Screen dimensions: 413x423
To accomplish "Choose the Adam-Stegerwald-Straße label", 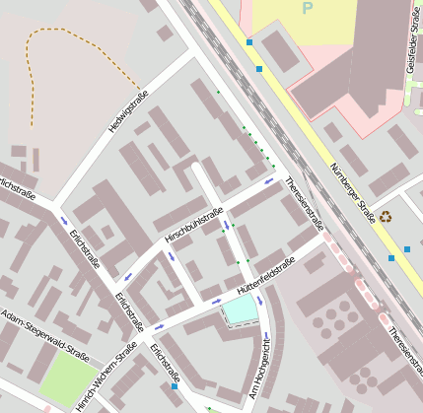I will tap(44, 335).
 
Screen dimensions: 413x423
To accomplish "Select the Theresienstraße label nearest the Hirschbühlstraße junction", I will tap(303, 203).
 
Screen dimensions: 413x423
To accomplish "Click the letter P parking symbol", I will tap(307, 8).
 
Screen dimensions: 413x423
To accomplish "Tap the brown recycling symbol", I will tap(386, 216).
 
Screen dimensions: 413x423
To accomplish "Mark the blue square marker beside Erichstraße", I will tap(175, 387).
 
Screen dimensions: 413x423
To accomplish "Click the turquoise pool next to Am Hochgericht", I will tap(240, 311).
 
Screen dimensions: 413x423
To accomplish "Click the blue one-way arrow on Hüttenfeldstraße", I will tap(216, 301).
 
